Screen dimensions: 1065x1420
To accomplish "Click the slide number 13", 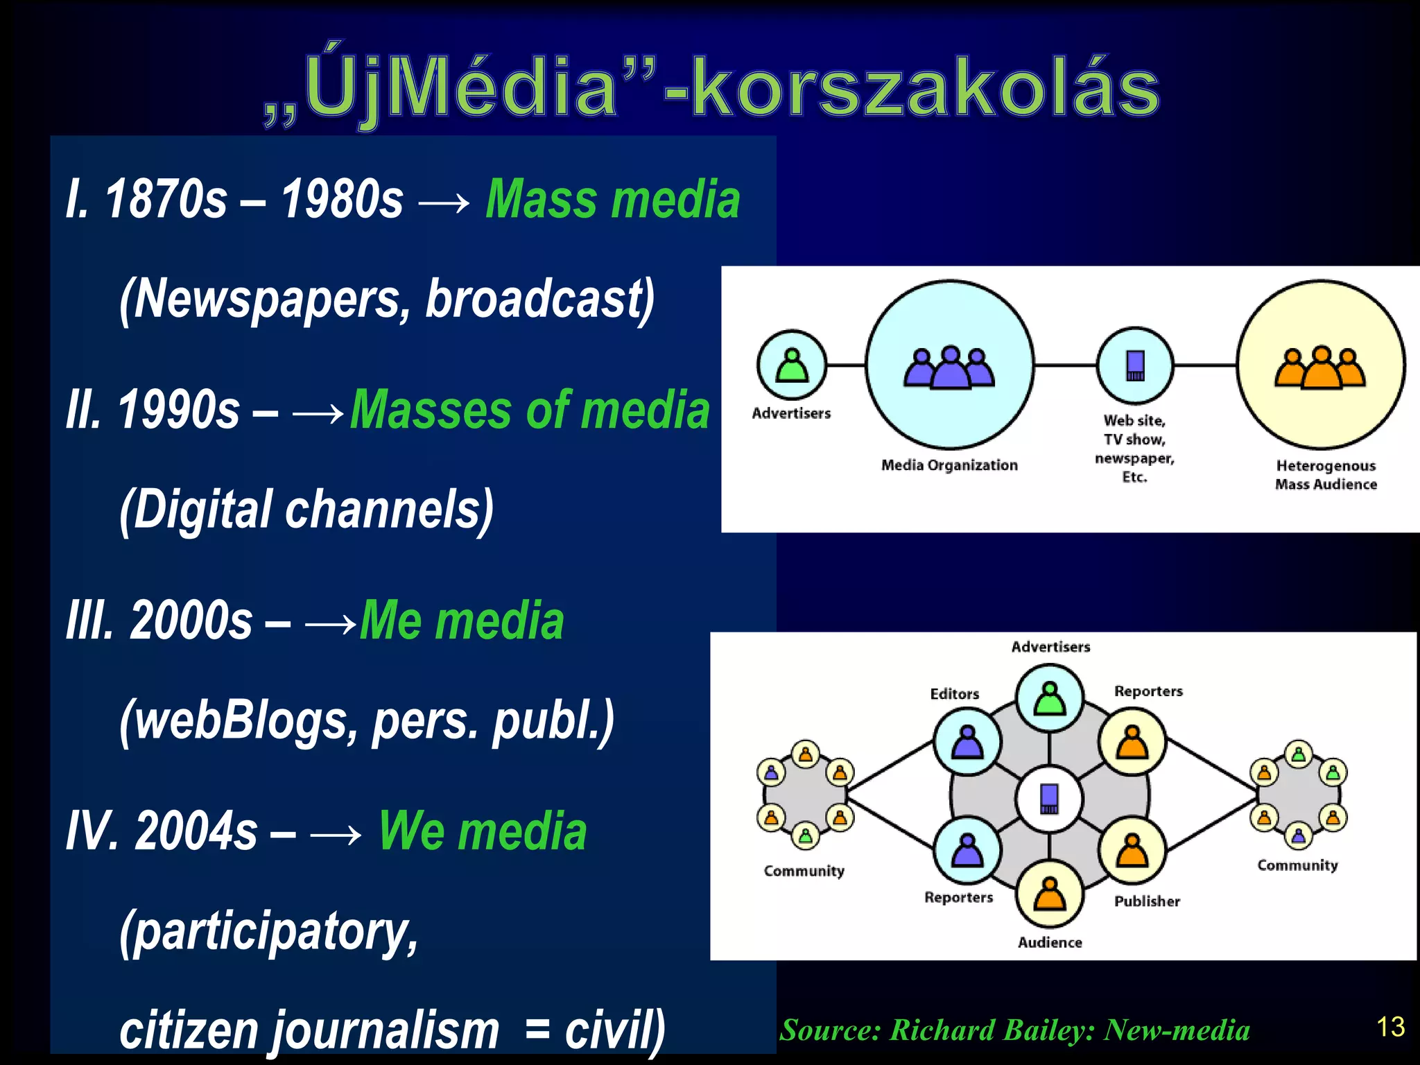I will point(1390,1027).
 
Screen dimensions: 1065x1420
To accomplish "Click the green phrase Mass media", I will point(612,200).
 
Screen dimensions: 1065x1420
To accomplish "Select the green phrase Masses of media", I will point(530,410).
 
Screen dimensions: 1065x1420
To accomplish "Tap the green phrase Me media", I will point(462,621).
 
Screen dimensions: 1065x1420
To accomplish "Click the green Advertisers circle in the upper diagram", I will point(792,365).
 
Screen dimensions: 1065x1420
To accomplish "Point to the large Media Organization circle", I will point(949,365).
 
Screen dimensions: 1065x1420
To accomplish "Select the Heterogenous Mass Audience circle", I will point(1320,365).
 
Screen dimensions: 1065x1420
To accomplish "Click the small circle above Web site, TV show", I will point(1135,365).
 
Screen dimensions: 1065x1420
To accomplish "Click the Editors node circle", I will point(967,743).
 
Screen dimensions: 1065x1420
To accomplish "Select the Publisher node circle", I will point(1132,851).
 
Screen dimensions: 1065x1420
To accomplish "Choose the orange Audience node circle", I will point(1050,894).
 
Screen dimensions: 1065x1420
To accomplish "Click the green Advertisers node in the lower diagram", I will point(1050,698).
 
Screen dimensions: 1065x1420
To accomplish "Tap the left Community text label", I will point(804,871).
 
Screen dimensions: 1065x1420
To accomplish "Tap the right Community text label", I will point(1297,865).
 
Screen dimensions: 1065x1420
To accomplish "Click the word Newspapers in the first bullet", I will point(264,300).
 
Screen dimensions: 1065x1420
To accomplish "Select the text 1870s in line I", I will point(166,200).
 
